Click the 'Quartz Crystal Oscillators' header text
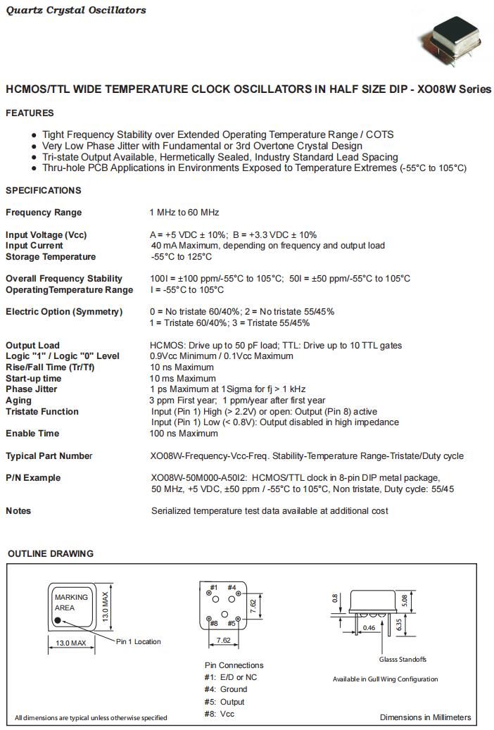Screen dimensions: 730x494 pos(76,10)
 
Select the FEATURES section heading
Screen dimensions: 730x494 pos(30,113)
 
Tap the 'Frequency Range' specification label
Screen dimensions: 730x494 pos(44,213)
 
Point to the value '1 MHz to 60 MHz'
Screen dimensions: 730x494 pos(184,213)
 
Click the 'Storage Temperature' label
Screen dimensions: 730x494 pos(51,257)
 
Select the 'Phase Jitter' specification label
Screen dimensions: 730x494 pos(32,389)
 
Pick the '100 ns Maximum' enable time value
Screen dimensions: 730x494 pos(184,434)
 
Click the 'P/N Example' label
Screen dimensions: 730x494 pos(33,478)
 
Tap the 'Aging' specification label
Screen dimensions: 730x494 pos(18,401)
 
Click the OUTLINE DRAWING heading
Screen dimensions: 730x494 pos(51,554)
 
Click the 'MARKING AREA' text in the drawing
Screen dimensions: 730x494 pos(71,602)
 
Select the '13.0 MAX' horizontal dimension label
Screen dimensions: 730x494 pos(70,643)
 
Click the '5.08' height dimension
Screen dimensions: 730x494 pos(403,600)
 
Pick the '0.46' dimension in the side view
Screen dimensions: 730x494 pos(368,627)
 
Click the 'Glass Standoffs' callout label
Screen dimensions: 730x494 pos(403,660)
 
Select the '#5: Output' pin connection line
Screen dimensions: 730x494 pos(224,702)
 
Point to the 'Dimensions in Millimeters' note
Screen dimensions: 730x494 pos(425,717)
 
